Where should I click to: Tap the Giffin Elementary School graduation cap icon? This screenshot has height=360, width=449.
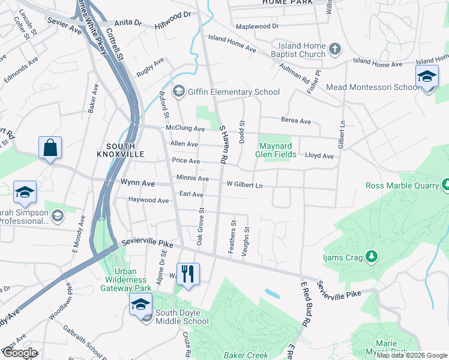coord(178,92)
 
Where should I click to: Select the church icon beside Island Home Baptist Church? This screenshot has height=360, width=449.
coord(335,47)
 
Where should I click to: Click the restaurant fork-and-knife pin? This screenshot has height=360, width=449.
coord(188,274)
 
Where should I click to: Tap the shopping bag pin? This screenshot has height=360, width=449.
coord(50,148)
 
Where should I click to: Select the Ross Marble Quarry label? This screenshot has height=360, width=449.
coord(402,185)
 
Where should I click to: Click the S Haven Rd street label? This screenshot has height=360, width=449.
coord(223,144)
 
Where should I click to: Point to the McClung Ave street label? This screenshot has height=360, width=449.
coord(185,128)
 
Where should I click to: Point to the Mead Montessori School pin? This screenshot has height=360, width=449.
coord(427,77)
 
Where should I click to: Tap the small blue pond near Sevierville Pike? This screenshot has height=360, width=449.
coord(272,293)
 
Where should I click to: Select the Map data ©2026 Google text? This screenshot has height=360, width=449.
coord(412,355)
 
